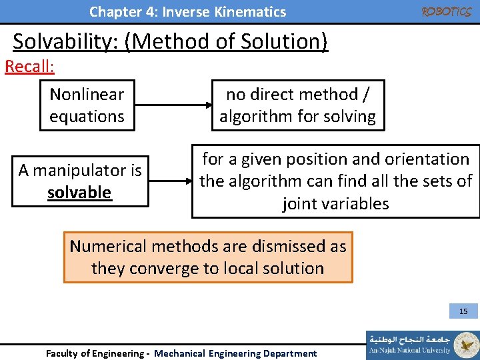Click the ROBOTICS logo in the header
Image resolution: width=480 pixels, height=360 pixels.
click(x=446, y=11)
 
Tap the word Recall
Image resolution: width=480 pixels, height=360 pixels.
click(x=29, y=67)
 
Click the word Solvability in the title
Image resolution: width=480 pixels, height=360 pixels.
click(x=67, y=41)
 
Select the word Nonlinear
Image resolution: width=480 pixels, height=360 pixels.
click(x=87, y=94)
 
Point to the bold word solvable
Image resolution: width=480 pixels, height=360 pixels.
click(x=79, y=193)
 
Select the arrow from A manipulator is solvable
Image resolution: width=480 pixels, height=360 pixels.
click(x=169, y=181)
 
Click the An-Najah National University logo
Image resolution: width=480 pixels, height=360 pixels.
click(x=421, y=345)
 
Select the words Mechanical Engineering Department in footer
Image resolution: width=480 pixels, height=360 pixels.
click(x=235, y=353)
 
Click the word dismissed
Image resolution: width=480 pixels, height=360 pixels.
click(x=267, y=247)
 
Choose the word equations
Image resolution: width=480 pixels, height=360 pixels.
click(x=87, y=117)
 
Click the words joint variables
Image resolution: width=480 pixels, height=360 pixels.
click(x=335, y=203)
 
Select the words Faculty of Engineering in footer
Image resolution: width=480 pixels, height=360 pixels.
click(x=93, y=353)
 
